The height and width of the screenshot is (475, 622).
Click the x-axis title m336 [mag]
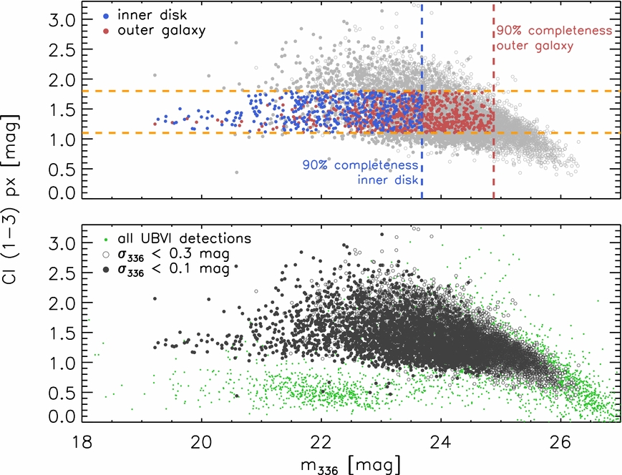pyautogui.click(x=351, y=466)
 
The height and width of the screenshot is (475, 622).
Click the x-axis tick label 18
pyautogui.click(x=82, y=442)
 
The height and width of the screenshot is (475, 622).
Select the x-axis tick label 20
pyautogui.click(x=201, y=442)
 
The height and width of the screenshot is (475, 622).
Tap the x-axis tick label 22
pyautogui.click(x=321, y=442)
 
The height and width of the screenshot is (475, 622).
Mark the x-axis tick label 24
pyautogui.click(x=441, y=442)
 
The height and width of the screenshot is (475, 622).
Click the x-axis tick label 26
pyautogui.click(x=560, y=442)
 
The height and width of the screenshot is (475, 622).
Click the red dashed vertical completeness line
pyautogui.click(x=493, y=101)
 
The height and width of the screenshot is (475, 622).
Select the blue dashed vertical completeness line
pyautogui.click(x=422, y=101)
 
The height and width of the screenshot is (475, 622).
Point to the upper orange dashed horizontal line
pyautogui.click(x=351, y=91)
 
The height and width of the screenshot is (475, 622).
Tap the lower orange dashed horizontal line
pyautogui.click(x=351, y=133)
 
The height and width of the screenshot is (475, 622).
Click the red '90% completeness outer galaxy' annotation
pyautogui.click(x=555, y=39)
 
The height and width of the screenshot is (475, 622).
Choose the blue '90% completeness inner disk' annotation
pyautogui.click(x=360, y=172)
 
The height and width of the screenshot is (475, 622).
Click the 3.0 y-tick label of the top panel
pyautogui.click(x=62, y=20)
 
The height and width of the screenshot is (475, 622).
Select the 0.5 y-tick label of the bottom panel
pyautogui.click(x=62, y=393)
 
